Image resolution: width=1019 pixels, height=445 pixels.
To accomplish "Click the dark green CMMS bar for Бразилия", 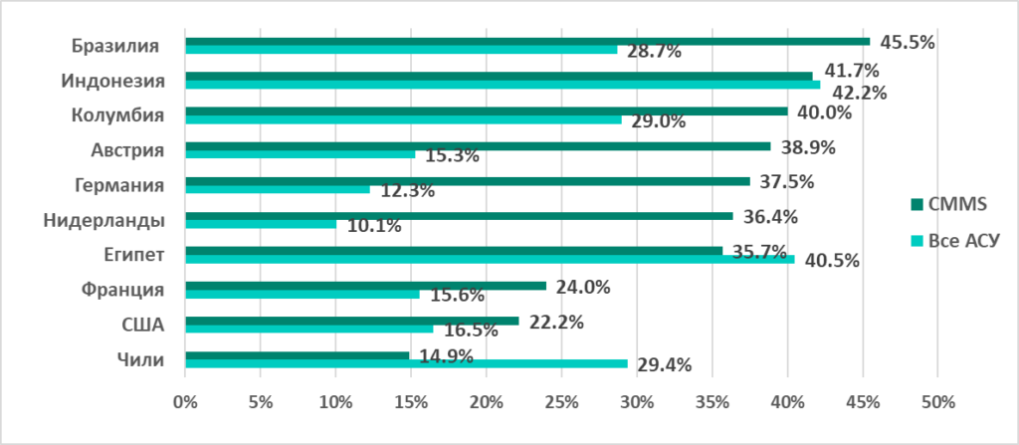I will point(527,42).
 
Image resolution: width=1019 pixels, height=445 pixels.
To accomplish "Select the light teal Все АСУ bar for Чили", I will point(406,364).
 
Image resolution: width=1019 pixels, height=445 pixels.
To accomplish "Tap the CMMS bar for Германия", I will point(468,181).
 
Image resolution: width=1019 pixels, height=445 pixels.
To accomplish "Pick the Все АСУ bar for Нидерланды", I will point(261,225).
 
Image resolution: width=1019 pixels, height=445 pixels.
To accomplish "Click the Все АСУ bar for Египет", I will point(490,260).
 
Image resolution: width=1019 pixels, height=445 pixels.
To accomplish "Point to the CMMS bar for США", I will point(351,321).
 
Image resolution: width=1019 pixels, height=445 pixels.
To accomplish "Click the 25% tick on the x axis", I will point(561,403).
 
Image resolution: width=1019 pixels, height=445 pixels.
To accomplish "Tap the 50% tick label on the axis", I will point(937,403).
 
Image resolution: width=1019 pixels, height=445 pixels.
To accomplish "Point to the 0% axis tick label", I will point(185,403).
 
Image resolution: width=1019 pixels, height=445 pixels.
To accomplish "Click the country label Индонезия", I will point(112,81).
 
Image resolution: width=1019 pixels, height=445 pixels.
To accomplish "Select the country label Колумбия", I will point(117,115).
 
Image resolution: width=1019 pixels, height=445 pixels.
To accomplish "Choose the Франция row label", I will point(120,291).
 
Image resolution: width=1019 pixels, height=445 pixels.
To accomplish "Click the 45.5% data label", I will point(908,43).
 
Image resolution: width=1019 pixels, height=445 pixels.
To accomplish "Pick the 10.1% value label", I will point(374,226).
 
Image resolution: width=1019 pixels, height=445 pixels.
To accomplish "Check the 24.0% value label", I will point(582,287).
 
